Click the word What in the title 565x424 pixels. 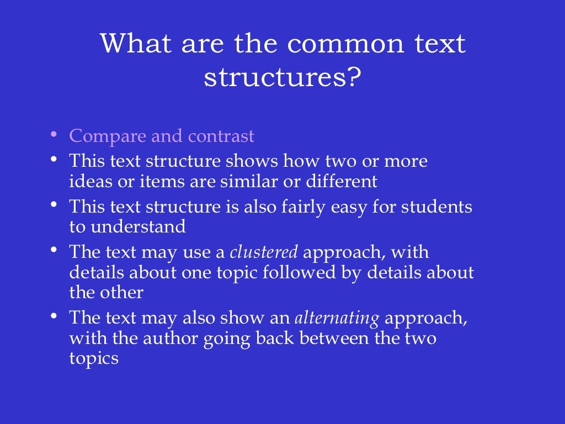[135, 43]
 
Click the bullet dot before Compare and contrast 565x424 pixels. [53, 134]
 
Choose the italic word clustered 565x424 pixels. [264, 253]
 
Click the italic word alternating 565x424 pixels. [337, 319]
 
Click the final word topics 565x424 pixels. [94, 357]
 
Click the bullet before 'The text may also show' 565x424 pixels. [53, 316]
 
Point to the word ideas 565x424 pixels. [87, 181]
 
